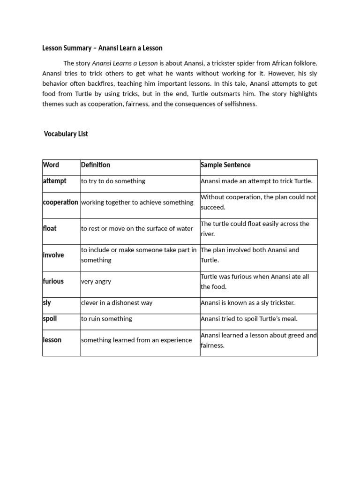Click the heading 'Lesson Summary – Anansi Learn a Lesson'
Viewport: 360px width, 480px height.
[x=102, y=48]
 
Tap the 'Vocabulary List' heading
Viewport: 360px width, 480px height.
[x=66, y=134]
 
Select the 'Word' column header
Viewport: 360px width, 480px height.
[x=51, y=165]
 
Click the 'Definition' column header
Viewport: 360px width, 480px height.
[x=96, y=165]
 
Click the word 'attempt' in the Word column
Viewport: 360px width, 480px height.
[x=55, y=181]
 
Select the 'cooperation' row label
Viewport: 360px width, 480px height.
[x=60, y=202]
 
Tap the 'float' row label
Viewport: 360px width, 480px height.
[x=50, y=229]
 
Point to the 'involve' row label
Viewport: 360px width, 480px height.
[x=53, y=255]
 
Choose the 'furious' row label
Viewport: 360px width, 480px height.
[x=53, y=281]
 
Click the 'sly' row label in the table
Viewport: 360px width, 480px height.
[x=47, y=303]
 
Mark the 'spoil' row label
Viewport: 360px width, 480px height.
[x=50, y=319]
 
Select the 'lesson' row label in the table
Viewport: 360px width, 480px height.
[x=52, y=340]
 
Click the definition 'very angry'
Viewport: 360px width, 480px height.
[x=96, y=282]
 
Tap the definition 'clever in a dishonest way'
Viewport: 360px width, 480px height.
[x=117, y=303]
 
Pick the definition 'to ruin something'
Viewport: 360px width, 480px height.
[x=106, y=319]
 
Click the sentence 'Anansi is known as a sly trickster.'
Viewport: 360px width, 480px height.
[x=247, y=303]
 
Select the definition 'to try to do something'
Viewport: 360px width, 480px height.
[x=113, y=181]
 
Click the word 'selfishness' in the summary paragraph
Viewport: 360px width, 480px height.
[x=240, y=104]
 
